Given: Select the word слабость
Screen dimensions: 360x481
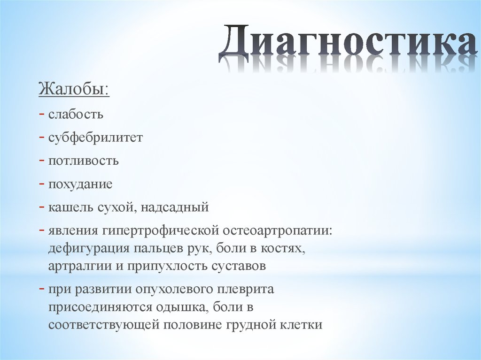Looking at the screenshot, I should tap(75, 114).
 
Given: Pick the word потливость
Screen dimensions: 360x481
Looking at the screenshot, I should tap(83, 161).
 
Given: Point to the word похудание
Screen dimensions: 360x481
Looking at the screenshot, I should tap(80, 184).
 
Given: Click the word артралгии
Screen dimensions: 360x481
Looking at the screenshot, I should tap(76, 266).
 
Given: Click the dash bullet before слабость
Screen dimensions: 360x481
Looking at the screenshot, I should tap(42, 114).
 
